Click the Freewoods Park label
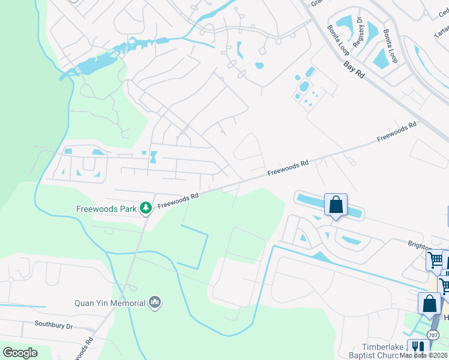pos(106,209)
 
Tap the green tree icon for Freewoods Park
pos(145,208)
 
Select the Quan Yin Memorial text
pos(110,302)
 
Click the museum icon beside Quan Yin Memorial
pos(155,302)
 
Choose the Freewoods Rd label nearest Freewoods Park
pos(178,200)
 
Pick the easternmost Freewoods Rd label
pos(397,133)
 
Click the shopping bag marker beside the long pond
pos(336,205)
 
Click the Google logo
pos(20,353)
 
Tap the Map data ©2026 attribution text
pos(424,355)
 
